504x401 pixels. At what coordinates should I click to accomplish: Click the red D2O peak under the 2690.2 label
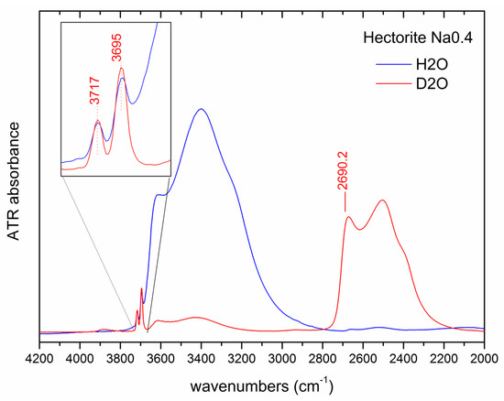click(348, 217)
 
